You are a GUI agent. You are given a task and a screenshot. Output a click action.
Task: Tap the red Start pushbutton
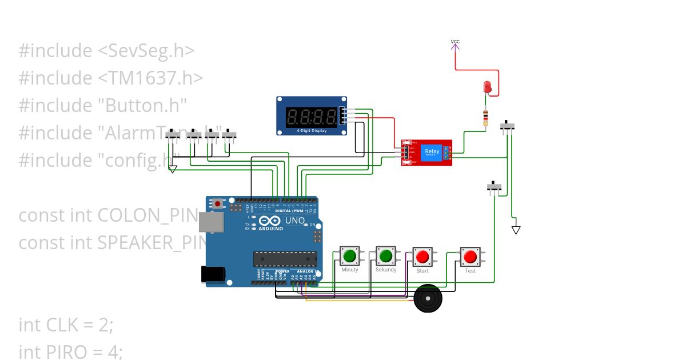[x=422, y=257]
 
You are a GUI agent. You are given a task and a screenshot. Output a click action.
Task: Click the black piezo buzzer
[x=428, y=298]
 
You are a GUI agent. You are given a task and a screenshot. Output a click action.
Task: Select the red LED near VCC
[x=487, y=87]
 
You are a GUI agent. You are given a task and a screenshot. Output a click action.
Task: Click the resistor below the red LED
[x=485, y=118]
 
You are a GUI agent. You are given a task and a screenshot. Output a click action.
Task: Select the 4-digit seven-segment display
[x=312, y=116]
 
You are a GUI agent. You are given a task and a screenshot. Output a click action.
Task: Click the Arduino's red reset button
[x=218, y=203]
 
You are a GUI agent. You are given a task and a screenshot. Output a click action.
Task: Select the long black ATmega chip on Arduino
[x=285, y=259]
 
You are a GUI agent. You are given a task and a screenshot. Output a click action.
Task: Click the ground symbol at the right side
[x=516, y=230]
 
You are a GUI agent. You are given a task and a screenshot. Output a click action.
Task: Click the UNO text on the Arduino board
[x=295, y=220]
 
